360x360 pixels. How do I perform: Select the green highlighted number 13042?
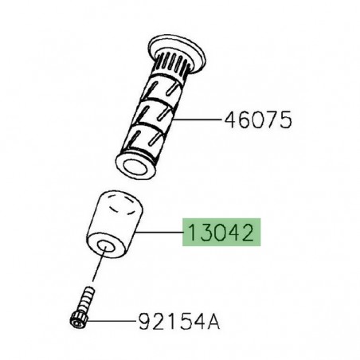(221, 233)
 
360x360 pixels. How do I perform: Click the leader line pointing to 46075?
(199, 120)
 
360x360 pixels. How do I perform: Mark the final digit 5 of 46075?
(286, 120)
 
